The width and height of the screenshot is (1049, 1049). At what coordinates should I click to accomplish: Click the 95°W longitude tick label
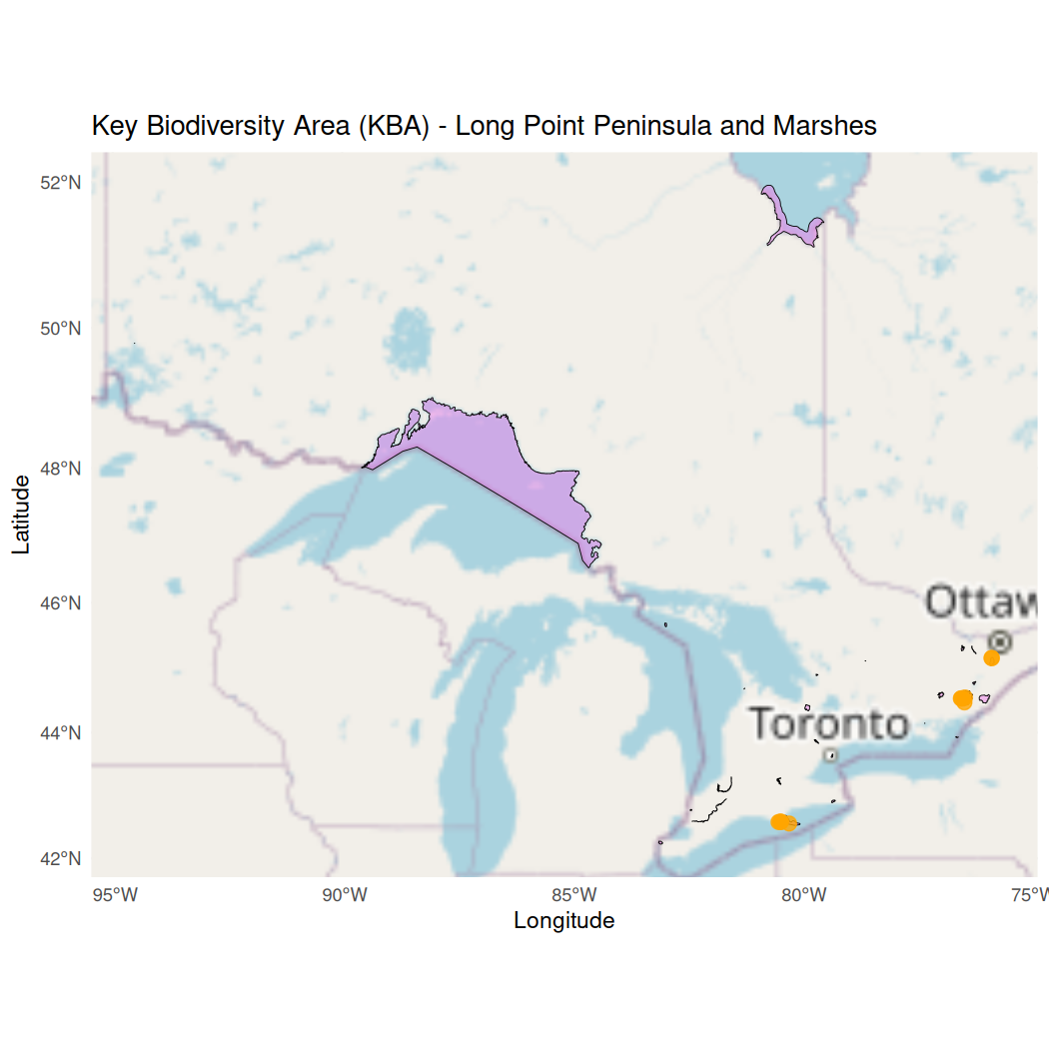[x=115, y=893]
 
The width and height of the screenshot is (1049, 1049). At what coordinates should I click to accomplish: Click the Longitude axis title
[x=563, y=920]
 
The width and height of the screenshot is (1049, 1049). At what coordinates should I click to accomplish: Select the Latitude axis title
[x=21, y=515]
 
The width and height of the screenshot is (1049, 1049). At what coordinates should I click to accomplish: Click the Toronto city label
[x=829, y=723]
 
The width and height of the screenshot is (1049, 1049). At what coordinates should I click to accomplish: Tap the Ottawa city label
[x=984, y=602]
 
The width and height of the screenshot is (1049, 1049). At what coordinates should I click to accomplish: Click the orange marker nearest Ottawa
[x=991, y=657]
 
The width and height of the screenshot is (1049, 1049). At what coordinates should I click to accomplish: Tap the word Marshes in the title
[x=825, y=126]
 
